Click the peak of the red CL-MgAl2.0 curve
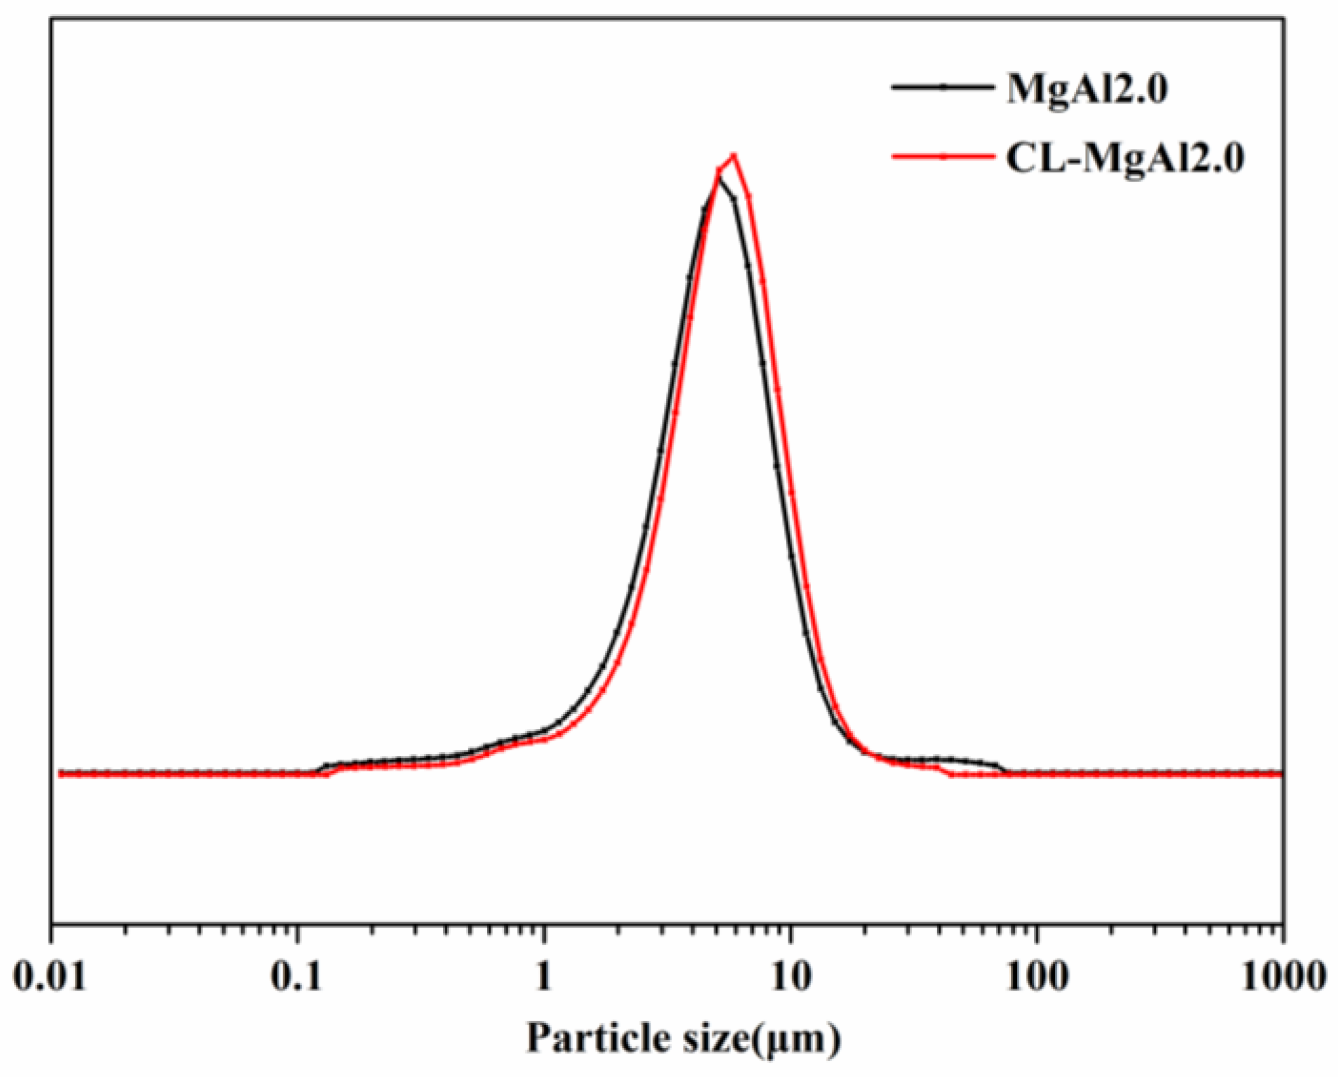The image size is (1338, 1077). click(x=734, y=154)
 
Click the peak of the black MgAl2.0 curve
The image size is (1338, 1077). click(x=720, y=180)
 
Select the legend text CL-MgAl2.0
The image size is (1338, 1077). click(x=1125, y=159)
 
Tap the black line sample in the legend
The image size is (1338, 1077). click(x=943, y=88)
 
